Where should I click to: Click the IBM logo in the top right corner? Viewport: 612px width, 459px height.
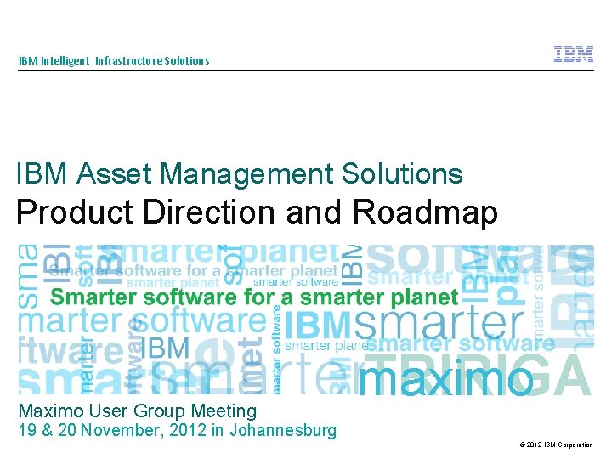click(574, 54)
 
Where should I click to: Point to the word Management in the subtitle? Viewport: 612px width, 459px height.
click(246, 174)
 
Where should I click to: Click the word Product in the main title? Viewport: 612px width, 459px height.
click(76, 212)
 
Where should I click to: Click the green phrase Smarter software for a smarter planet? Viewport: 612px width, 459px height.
click(254, 297)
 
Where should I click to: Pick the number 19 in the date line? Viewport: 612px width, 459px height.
click(27, 430)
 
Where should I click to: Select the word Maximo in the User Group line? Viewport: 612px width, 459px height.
click(50, 411)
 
